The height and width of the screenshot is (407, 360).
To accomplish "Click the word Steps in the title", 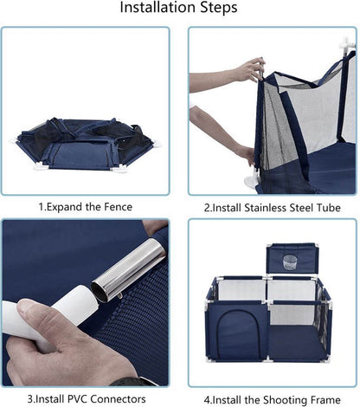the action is pyautogui.click(x=219, y=8).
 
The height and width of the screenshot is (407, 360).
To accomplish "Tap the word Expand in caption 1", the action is pyautogui.click(x=64, y=207).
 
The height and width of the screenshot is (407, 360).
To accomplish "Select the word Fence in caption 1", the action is pyautogui.click(x=119, y=207).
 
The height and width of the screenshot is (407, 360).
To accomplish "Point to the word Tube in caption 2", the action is pyautogui.click(x=329, y=208).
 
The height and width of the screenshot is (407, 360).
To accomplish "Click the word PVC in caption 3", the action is pyautogui.click(x=77, y=399).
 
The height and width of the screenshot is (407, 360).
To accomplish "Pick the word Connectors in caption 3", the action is pyautogui.click(x=118, y=399).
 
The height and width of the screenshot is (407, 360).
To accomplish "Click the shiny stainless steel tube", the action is pyautogui.click(x=128, y=269).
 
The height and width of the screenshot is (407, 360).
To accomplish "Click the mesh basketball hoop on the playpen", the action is pyautogui.click(x=289, y=262).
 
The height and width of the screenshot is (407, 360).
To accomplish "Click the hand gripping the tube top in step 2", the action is pyautogui.click(x=251, y=70).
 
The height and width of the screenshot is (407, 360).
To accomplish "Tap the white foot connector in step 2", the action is pyautogui.click(x=252, y=181).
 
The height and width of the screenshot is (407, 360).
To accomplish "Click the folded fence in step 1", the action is pyautogui.click(x=84, y=144).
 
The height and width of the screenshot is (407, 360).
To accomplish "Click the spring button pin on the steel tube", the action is pyautogui.click(x=119, y=296).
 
